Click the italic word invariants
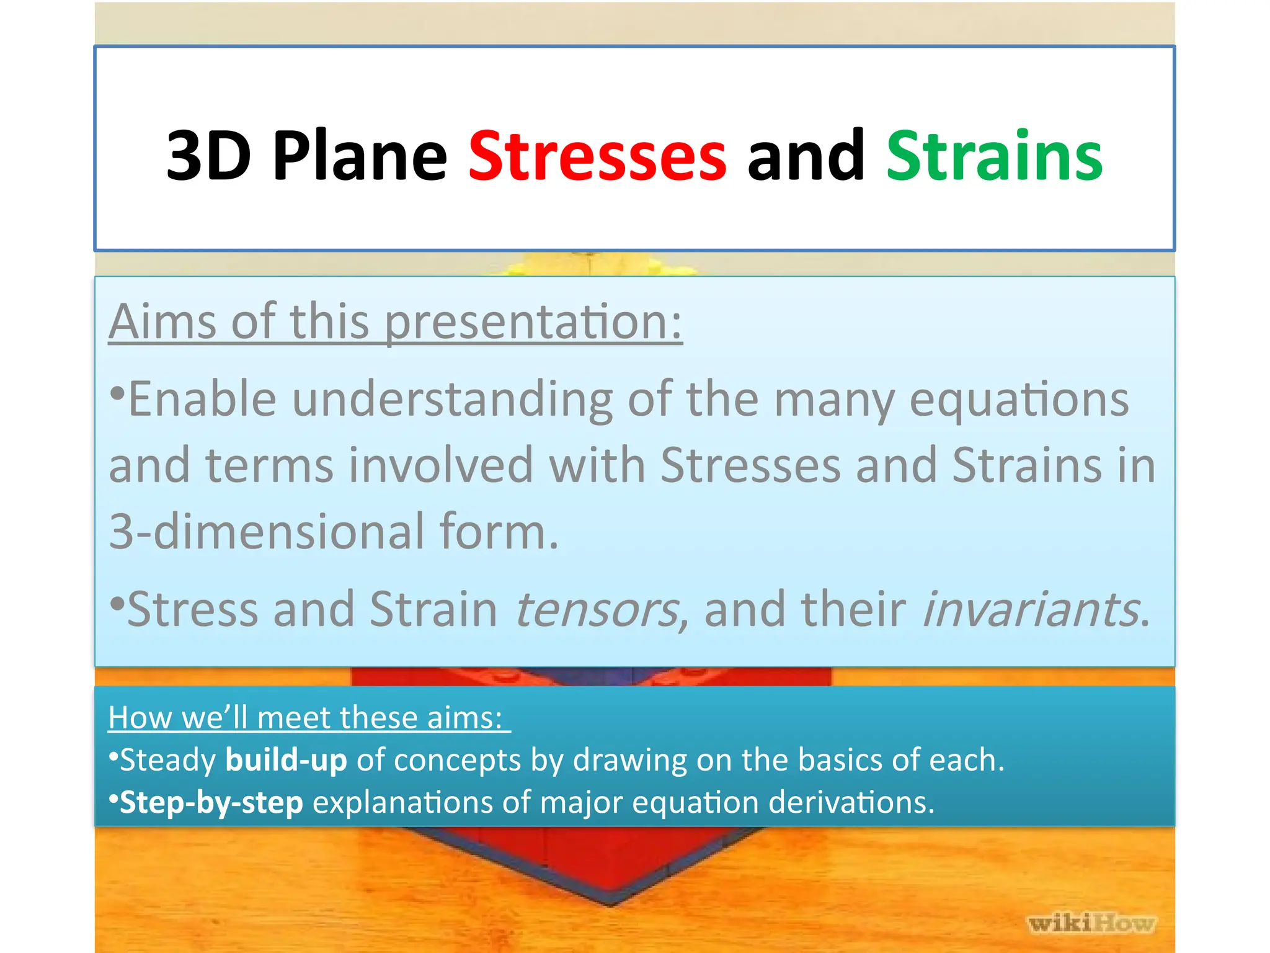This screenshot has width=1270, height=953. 1031,610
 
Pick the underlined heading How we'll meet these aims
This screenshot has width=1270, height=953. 308,718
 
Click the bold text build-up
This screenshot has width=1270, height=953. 286,760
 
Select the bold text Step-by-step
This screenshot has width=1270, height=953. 211,803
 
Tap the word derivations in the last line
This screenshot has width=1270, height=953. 851,802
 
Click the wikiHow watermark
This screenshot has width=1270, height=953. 1091,923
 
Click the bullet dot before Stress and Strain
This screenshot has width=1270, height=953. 116,602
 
